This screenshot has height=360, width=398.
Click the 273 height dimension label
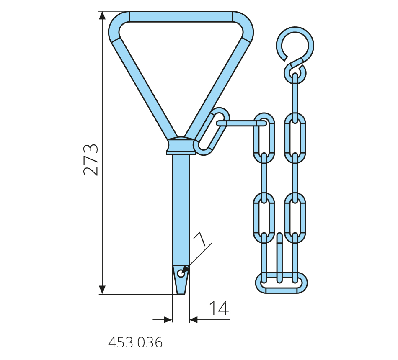(x=90, y=160)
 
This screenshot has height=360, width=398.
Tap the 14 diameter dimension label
(x=219, y=309)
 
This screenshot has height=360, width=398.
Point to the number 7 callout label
(x=200, y=239)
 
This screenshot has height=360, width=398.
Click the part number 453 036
(x=135, y=343)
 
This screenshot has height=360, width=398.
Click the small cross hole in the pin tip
(x=181, y=273)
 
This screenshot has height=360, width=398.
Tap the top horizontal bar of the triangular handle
(x=181, y=17)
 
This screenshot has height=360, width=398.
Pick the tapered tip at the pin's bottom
(x=181, y=280)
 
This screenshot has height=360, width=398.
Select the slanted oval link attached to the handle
(x=212, y=131)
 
